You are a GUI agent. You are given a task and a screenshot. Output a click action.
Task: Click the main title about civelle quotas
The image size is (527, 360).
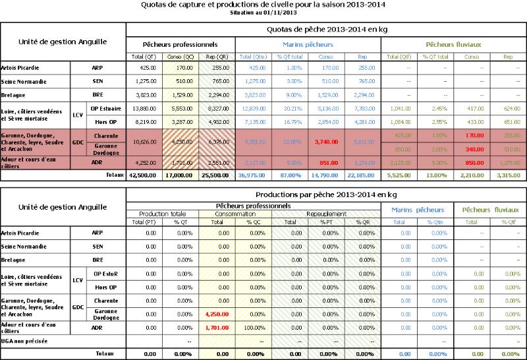(x=263, y=5)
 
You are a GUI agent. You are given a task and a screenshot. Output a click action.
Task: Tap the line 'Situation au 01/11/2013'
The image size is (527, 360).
(x=263, y=13)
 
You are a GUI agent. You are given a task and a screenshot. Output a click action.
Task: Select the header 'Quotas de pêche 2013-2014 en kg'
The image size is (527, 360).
(x=326, y=29)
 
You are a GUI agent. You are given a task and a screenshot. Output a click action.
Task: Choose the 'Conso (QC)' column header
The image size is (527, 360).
(x=179, y=57)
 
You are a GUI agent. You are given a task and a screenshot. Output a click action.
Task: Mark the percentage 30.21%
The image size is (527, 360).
(x=290, y=107)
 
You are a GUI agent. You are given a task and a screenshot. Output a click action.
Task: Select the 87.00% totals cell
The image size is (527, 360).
(x=290, y=176)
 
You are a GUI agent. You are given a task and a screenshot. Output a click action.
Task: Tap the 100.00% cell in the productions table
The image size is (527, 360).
(x=254, y=328)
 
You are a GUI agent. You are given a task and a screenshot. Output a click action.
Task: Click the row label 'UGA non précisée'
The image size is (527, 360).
(x=25, y=342)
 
